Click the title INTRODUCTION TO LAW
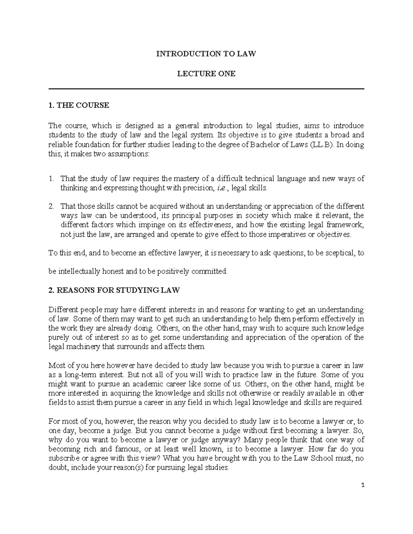206,54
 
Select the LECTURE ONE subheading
206,74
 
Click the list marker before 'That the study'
51,179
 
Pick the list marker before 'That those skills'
51,207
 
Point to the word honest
112,272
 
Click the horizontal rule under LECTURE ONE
206,89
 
